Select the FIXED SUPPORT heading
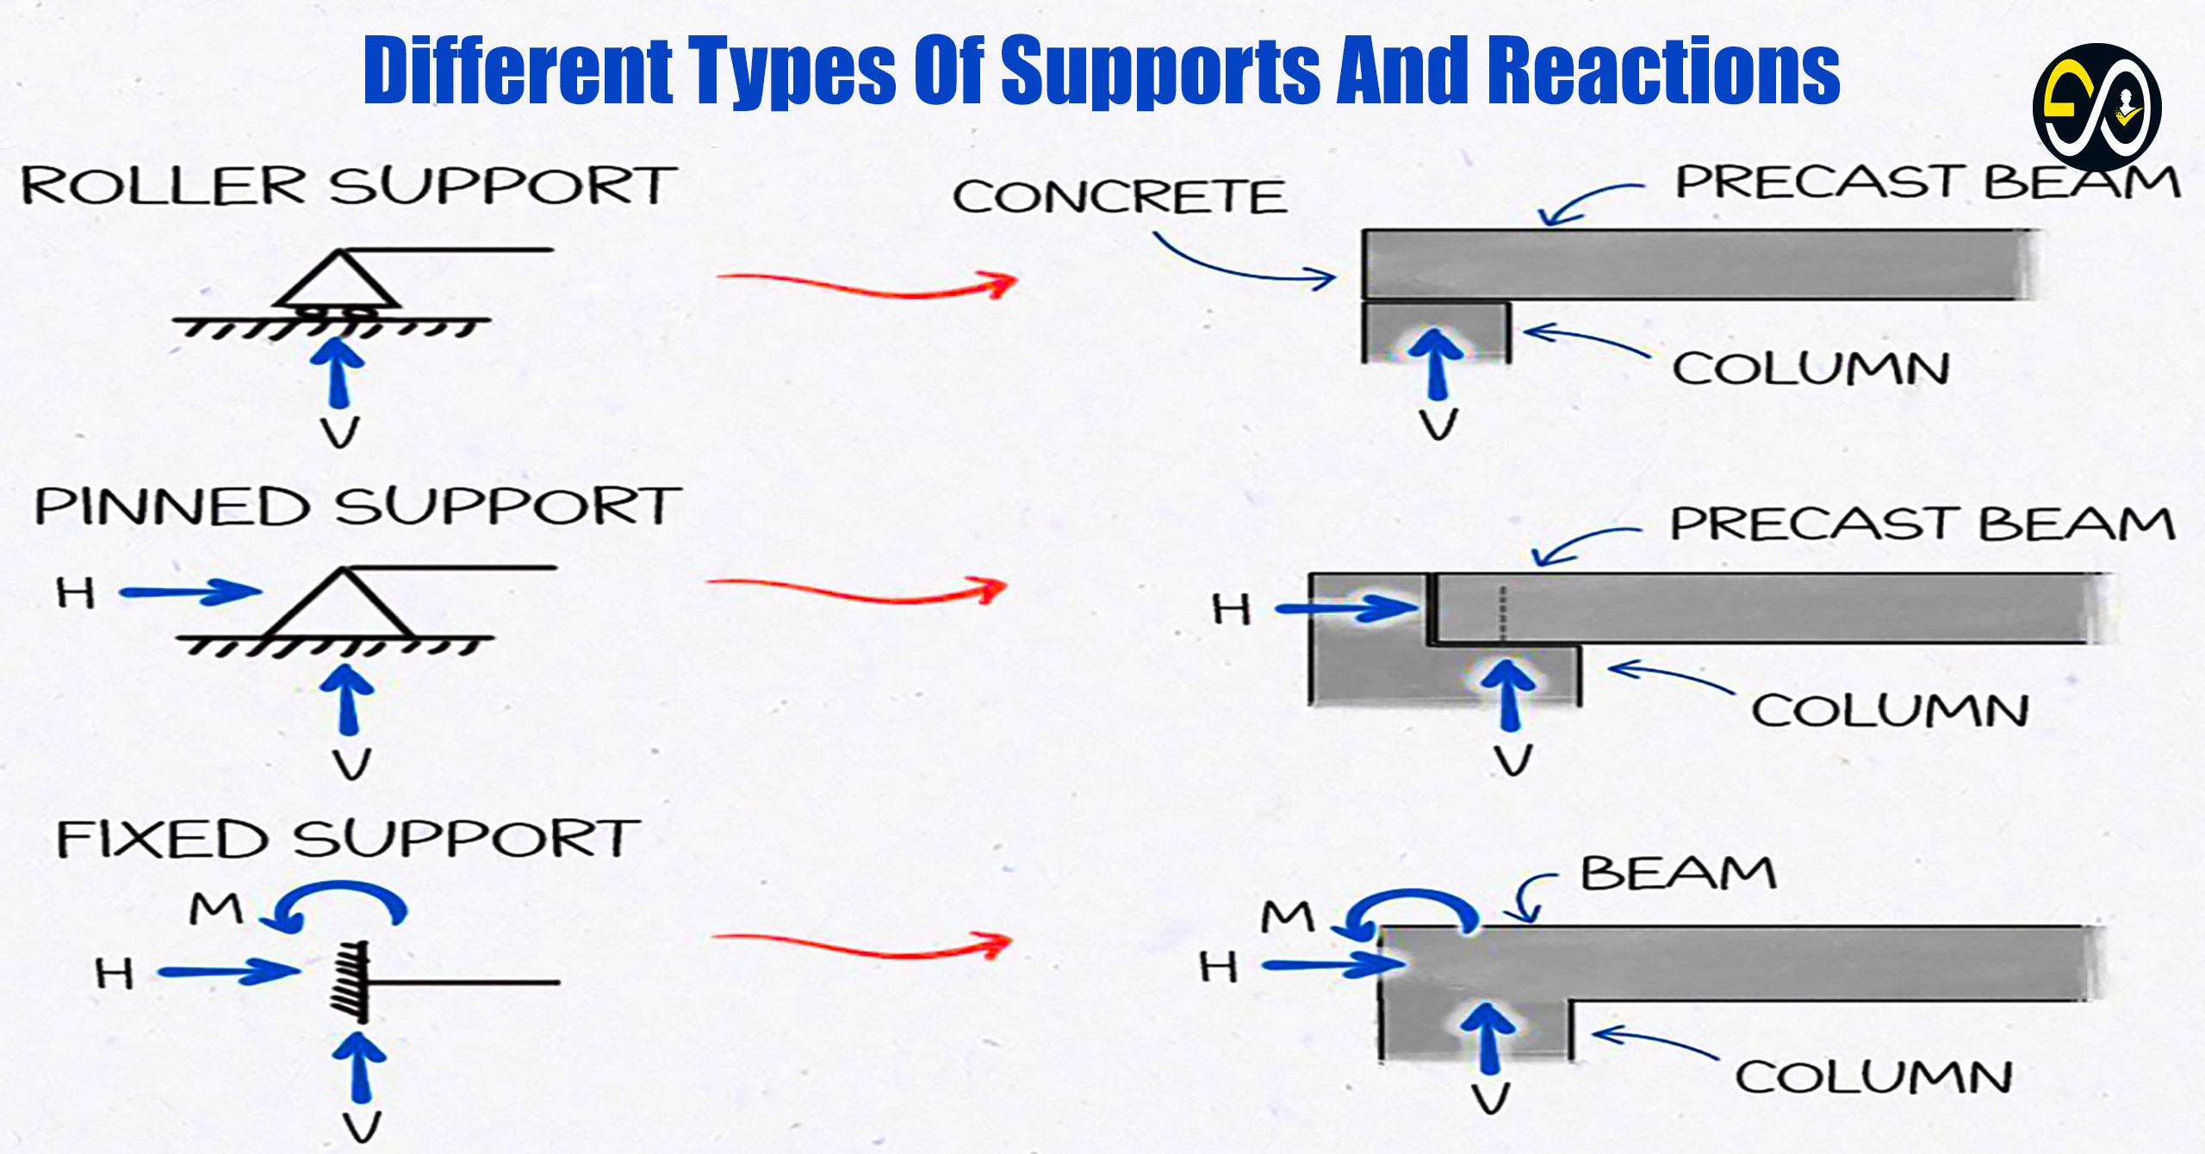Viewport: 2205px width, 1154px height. pos(348,839)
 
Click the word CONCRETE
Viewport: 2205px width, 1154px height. pos(1119,196)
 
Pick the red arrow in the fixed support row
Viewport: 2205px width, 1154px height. pos(861,946)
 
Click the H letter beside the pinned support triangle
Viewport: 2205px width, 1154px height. pos(76,593)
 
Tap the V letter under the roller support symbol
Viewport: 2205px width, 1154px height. pos(340,431)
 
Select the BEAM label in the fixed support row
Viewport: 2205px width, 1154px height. pos(1678,873)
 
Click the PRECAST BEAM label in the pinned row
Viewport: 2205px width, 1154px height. pos(1922,524)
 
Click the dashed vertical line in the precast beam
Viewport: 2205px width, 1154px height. pos(1502,613)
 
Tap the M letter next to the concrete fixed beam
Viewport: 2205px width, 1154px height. pos(1288,918)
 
